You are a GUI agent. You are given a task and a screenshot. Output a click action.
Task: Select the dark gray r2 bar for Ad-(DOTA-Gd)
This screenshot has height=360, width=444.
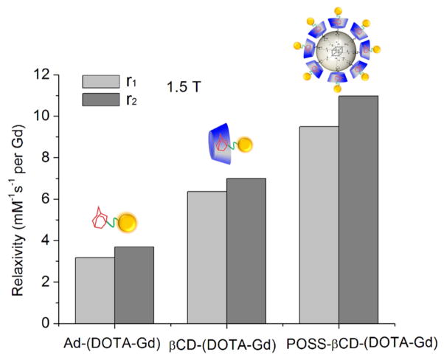pos(133,285)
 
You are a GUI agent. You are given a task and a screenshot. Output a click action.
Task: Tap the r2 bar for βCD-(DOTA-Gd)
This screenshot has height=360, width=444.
pos(246,251)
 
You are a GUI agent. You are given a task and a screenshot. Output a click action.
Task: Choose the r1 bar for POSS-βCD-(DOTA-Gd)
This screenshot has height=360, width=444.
pos(319,224)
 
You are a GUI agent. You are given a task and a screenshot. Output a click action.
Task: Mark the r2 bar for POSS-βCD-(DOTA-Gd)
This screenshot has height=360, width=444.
pos(358,210)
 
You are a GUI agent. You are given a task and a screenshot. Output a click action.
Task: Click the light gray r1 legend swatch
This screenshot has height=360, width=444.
pos(101,80)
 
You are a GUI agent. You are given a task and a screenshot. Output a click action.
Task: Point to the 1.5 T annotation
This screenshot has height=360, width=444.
pos(182,86)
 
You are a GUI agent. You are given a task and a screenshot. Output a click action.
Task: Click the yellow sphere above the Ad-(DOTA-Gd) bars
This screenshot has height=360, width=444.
pos(127,221)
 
